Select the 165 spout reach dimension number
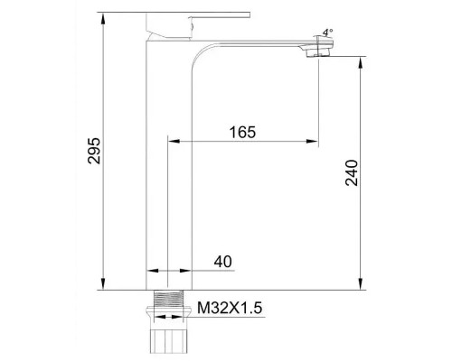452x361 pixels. point(240,132)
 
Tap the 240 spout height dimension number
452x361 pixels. point(352,172)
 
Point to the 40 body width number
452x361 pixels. point(223,262)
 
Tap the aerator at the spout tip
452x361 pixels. point(317,51)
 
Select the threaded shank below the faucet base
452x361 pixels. point(170,301)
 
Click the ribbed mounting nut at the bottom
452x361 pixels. point(170,342)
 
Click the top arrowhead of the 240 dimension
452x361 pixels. point(361,62)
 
